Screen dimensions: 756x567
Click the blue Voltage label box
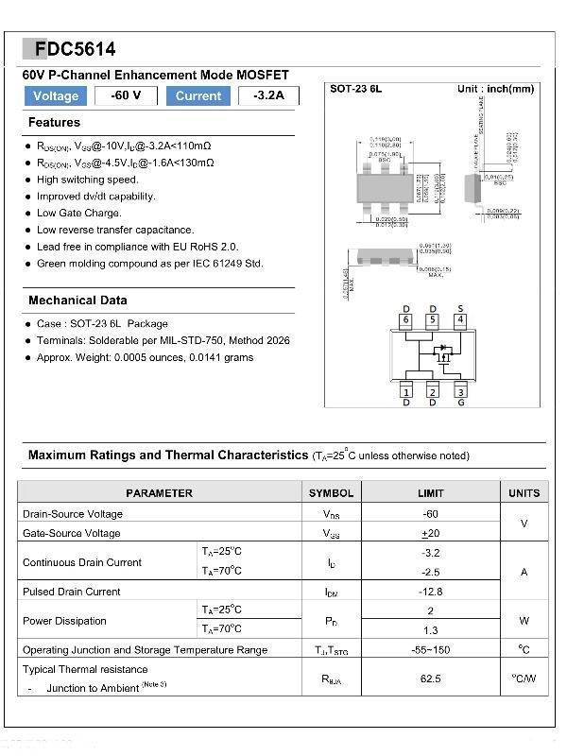click(56, 95)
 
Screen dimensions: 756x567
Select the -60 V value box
click(126, 95)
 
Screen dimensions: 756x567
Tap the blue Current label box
click(198, 95)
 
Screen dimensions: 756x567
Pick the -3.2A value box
click(268, 95)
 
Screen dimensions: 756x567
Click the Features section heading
click(54, 123)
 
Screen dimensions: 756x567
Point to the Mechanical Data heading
click(77, 301)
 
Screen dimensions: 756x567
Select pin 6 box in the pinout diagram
click(406, 320)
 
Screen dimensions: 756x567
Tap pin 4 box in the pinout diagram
click(460, 320)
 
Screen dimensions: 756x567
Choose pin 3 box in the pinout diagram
click(460, 391)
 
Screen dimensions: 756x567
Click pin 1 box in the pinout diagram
click(406, 391)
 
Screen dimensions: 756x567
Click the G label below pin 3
click(460, 404)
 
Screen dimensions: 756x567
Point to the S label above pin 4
click(460, 309)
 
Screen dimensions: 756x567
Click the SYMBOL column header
click(331, 493)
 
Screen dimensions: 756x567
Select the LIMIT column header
click(430, 493)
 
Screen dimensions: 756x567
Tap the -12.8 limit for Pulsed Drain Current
click(431, 592)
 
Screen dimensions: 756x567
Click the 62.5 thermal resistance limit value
click(431, 679)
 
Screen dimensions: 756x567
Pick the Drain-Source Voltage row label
click(73, 514)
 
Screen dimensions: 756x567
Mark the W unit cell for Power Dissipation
click(524, 621)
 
